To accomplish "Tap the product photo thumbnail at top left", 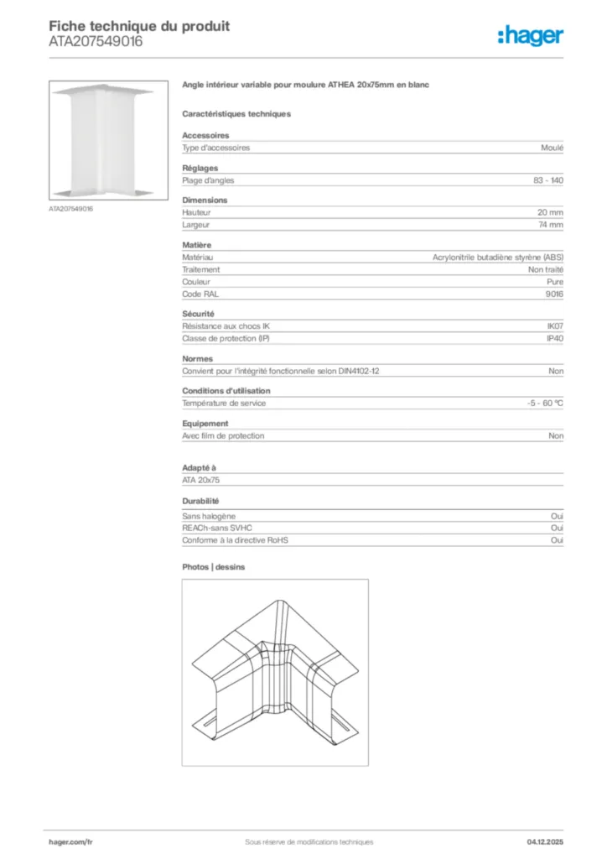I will (103, 141).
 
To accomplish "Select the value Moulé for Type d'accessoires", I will (553, 148).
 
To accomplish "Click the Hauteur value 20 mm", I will (550, 213).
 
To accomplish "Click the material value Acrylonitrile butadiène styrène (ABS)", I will (497, 258).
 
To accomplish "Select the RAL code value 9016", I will (554, 294).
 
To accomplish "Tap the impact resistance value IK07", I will (555, 326).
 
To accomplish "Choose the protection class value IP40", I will (555, 338).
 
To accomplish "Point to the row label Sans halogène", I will (209, 517).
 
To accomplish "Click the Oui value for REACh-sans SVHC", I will (557, 528).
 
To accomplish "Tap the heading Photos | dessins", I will (214, 567).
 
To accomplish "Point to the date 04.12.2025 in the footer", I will (545, 841).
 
